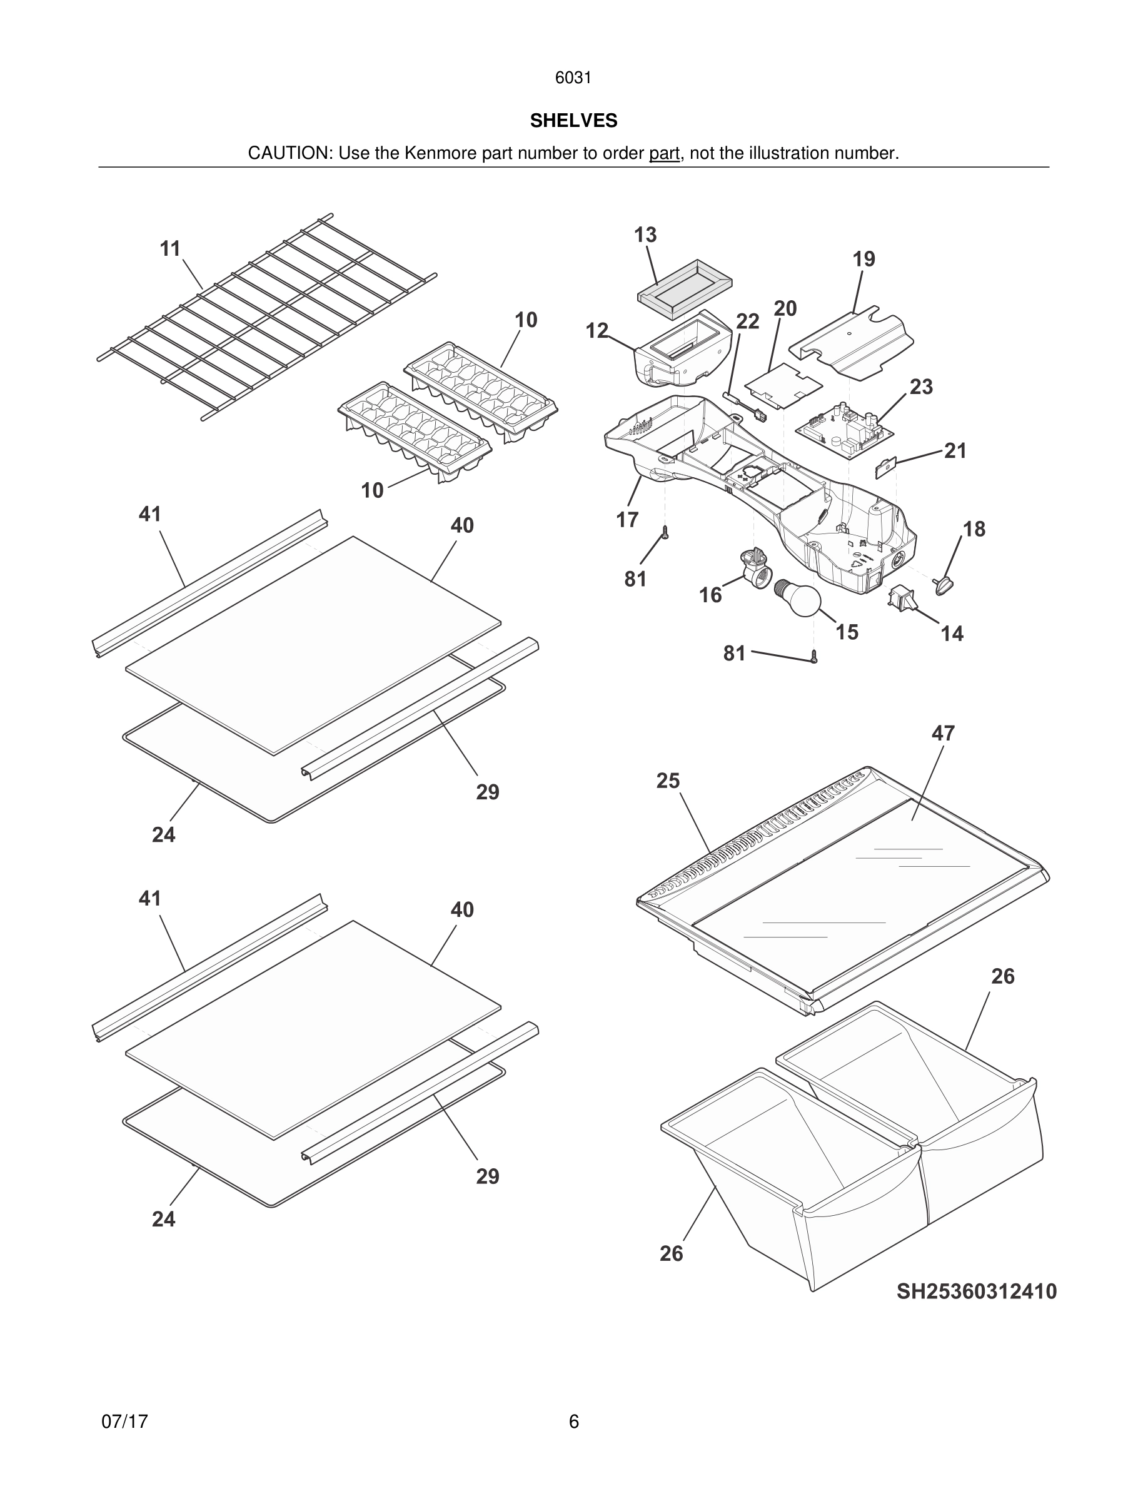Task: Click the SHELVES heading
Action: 573,121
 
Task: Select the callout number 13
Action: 645,235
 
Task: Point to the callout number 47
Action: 943,734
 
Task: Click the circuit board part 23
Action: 843,428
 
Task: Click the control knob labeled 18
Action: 944,584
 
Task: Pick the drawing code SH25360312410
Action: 976,1291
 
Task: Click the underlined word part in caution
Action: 664,154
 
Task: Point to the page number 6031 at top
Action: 573,78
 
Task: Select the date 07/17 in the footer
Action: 124,1422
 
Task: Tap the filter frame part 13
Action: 684,288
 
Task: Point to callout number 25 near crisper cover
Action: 667,781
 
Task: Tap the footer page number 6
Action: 573,1422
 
